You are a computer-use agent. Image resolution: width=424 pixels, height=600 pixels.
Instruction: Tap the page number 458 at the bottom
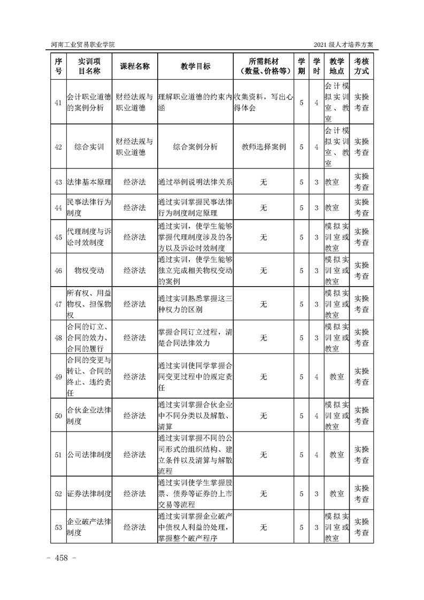[63, 558]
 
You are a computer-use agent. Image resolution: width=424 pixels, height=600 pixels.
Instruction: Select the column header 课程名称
[134, 66]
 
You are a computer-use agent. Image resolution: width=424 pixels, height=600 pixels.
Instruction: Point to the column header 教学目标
[195, 66]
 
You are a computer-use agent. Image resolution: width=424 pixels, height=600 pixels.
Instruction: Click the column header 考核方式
[361, 66]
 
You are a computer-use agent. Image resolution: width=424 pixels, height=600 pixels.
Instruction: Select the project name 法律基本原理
[89, 182]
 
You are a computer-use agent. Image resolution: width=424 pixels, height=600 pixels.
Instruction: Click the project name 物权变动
[89, 271]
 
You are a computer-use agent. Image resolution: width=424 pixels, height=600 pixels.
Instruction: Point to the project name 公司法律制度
[89, 455]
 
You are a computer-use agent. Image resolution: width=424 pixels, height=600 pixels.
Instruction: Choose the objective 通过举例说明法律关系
[195, 182]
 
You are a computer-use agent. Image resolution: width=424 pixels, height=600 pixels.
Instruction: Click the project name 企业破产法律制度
[89, 527]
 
